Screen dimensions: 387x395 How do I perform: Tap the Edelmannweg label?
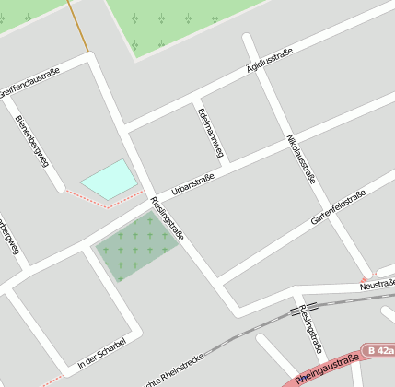point(211,132)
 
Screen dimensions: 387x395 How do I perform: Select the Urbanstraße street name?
point(193,182)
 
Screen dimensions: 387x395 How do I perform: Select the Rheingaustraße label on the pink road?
point(328,366)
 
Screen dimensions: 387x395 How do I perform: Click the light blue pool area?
point(108,179)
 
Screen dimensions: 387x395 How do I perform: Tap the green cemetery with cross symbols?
point(136,243)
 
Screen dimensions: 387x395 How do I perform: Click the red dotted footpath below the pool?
point(103,204)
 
